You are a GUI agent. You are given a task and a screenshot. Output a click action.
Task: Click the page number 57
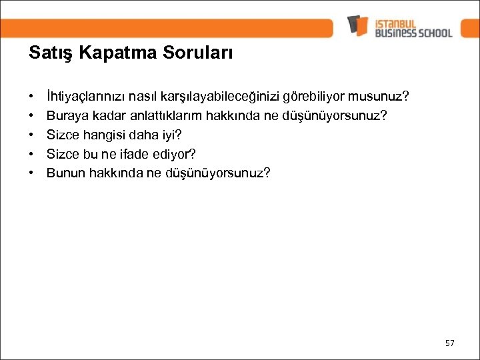(450, 343)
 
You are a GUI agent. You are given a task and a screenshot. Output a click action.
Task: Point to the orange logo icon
(357, 25)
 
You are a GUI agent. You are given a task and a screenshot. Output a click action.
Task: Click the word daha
(143, 135)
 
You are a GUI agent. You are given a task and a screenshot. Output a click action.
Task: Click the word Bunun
(64, 173)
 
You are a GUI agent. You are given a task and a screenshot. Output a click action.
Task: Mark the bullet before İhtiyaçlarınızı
(32, 97)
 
